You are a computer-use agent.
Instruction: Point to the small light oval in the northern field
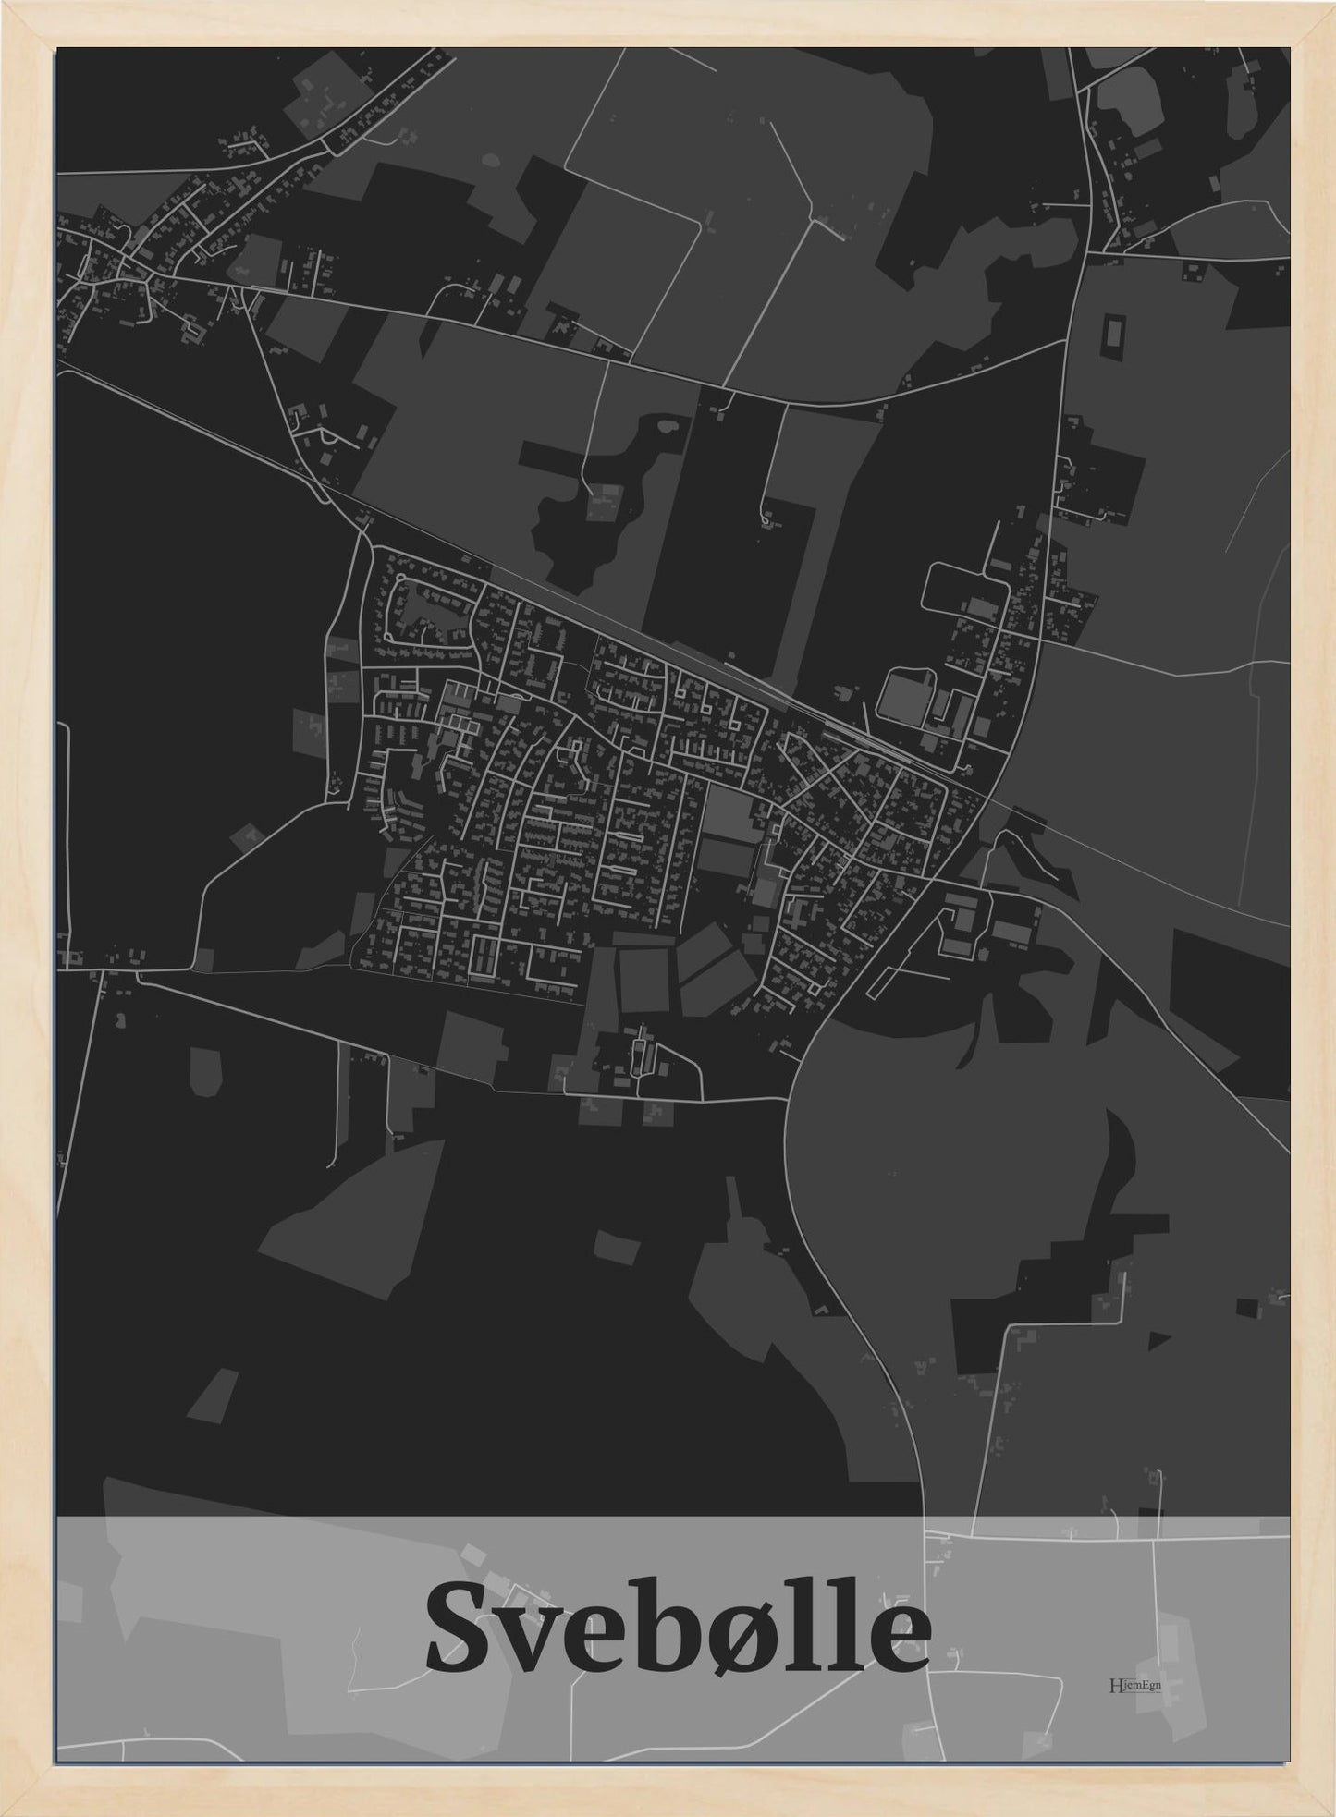(489, 159)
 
